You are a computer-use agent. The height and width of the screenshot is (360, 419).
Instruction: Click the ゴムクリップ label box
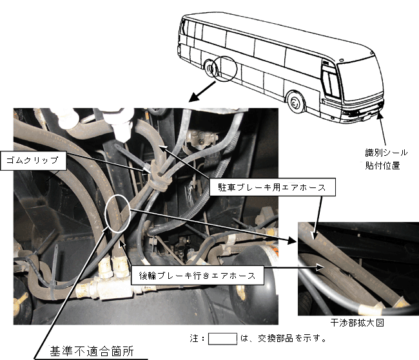point(34,160)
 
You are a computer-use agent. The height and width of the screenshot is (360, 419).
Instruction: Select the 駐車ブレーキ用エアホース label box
point(272,187)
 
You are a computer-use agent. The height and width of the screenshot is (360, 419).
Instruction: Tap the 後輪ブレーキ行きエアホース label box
point(197,276)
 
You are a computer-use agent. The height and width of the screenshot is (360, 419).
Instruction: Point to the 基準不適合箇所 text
point(92,351)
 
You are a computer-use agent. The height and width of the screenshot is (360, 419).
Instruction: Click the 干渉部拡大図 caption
point(357,323)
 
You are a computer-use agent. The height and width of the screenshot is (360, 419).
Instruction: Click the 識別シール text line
point(386,153)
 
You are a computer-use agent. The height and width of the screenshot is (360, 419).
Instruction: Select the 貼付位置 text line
point(383,166)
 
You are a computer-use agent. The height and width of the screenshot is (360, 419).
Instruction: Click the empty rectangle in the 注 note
point(222,339)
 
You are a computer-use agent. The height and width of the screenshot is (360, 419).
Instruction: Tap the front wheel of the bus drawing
point(295,102)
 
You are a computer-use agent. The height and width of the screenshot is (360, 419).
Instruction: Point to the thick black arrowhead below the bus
point(194,97)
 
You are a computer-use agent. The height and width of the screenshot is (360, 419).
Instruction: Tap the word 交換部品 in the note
point(275,338)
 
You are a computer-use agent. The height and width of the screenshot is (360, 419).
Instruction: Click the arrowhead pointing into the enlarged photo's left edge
point(292,240)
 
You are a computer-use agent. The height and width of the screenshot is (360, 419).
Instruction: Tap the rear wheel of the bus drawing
point(209,69)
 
